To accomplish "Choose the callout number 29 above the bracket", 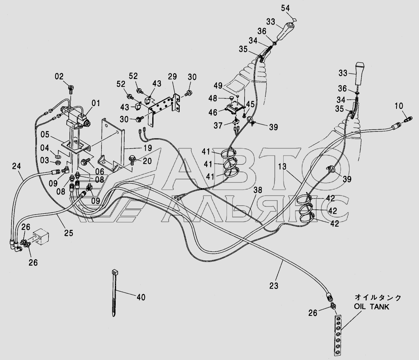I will [172, 76].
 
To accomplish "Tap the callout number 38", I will [258, 190].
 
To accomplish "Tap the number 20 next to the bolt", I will [147, 161].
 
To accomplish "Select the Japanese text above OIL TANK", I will [378, 297].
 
